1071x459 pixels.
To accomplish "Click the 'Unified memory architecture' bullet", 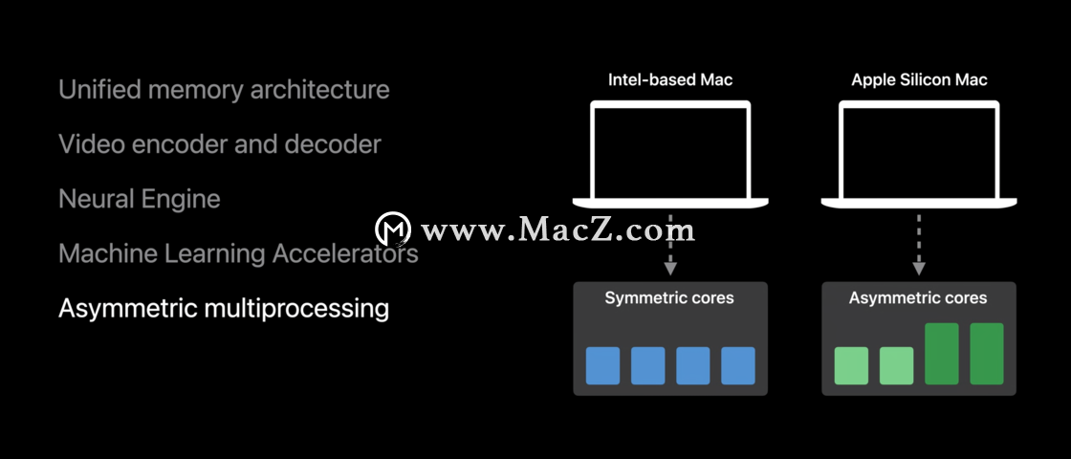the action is coord(224,90).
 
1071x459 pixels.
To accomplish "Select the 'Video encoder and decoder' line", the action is coord(220,144).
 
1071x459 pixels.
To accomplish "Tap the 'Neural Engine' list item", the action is coord(140,200).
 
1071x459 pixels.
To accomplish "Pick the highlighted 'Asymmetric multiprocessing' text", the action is coord(224,309).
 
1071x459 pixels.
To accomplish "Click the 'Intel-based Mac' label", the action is coord(670,80).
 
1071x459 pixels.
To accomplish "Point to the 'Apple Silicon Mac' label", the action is coord(919,80).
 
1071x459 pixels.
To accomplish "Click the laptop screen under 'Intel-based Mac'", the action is coord(670,152).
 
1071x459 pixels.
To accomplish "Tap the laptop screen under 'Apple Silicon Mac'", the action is coord(919,152).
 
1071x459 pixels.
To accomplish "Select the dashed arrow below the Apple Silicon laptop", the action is coord(919,245).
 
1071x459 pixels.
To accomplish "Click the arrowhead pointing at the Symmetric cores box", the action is coord(670,269).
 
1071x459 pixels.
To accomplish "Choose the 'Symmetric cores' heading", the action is coord(669,298).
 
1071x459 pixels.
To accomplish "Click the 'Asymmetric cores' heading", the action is coord(918,298).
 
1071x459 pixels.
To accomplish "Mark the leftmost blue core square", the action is coord(603,365).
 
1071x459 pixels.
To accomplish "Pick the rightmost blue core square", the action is coord(738,365).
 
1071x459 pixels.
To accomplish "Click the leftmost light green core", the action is coord(851,365).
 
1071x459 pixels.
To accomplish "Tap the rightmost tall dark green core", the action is coord(987,354).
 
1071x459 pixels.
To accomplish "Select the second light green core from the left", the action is coord(896,365).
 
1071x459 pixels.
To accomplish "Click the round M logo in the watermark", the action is coord(393,229).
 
